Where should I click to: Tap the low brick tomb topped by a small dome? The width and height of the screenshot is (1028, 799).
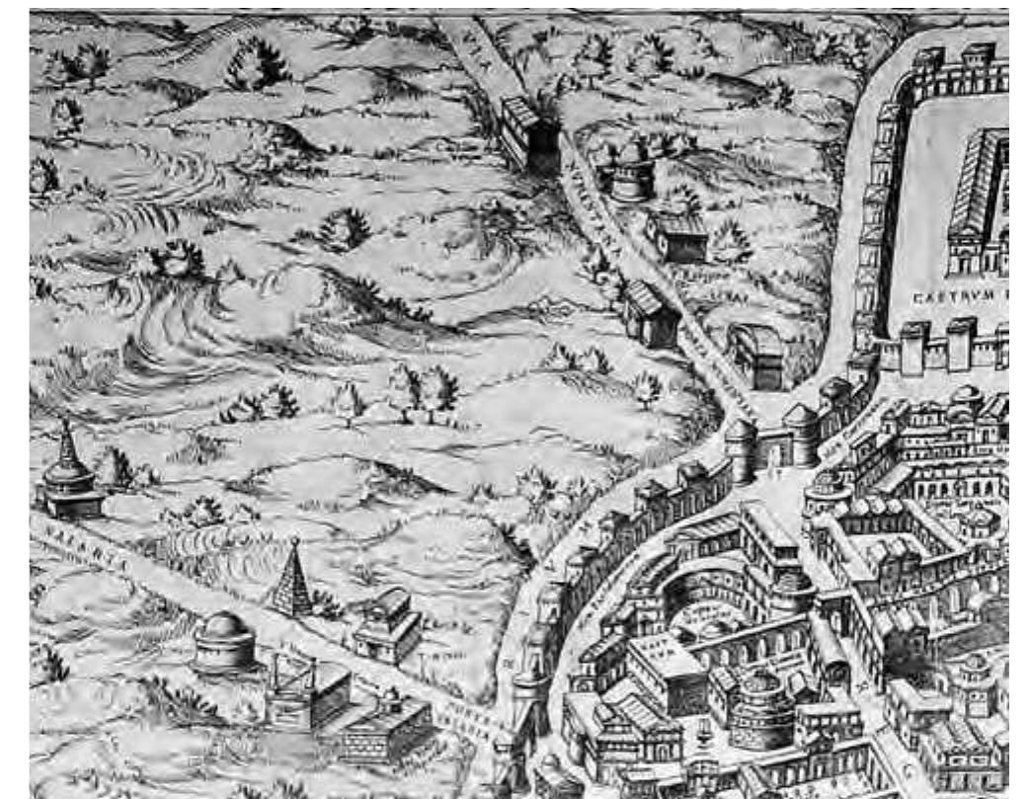(388, 726)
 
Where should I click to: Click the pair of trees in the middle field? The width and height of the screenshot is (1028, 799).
(425, 387)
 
